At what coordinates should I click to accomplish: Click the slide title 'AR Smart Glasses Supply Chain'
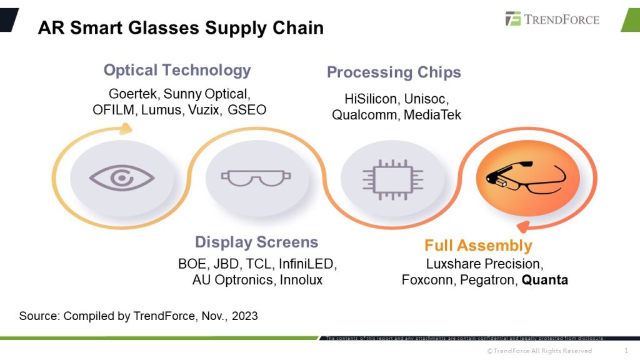181,28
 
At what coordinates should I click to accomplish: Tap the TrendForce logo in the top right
552,19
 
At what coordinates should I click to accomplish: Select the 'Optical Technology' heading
177,70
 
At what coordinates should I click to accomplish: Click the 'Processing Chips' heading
394,72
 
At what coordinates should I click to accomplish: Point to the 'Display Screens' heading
256,242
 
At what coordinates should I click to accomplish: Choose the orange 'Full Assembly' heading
478,246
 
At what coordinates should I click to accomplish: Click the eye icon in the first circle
122,178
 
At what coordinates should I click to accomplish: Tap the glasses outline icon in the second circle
256,179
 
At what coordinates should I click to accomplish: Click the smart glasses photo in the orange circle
528,177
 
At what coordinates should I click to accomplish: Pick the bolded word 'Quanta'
545,280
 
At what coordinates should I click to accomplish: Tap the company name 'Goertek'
133,94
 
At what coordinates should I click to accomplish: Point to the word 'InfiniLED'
307,264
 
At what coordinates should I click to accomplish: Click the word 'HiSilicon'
370,99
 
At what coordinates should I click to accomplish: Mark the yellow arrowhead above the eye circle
126,129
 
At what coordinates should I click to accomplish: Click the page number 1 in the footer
626,351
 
